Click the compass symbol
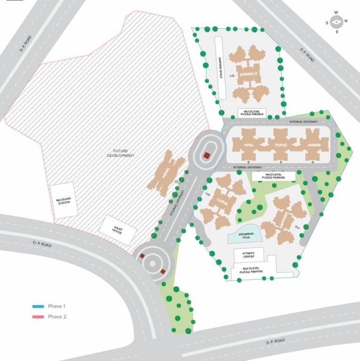pos(336,22)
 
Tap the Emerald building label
pos(248,74)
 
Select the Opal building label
pos(249,145)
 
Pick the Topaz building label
pos(281,145)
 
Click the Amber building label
pos(314,145)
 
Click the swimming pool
pos(243,235)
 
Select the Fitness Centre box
pos(248,255)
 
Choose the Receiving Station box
pos(64,201)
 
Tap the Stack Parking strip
pos(221,68)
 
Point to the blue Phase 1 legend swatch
pos(38,306)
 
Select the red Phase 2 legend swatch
pos(38,317)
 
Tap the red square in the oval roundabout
pos(206,156)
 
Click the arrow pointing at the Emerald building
pos(232,75)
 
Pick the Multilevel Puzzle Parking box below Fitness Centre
pos(251,270)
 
